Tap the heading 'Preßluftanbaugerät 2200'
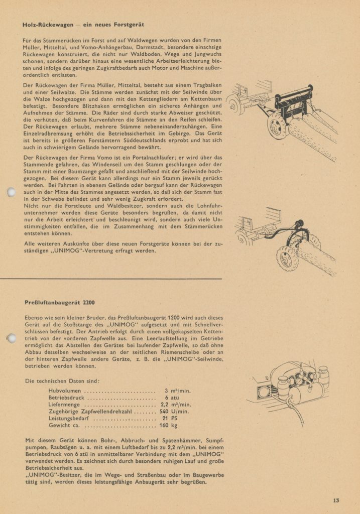click(x=60, y=302)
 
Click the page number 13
click(x=336, y=499)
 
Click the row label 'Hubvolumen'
click(x=65, y=390)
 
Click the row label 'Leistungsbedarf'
click(x=70, y=418)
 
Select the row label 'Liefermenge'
click(x=66, y=404)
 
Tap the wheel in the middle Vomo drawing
click(x=287, y=259)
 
